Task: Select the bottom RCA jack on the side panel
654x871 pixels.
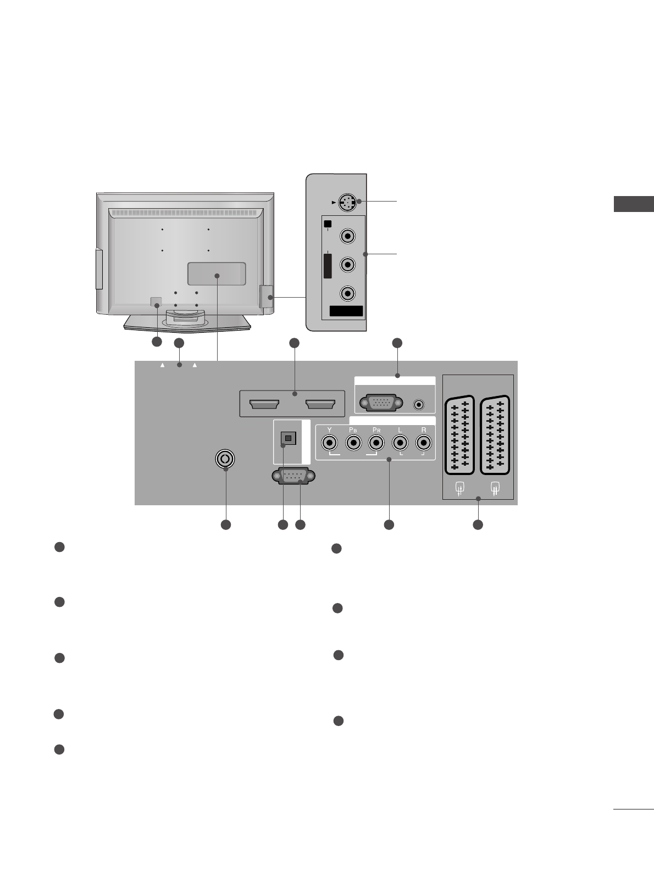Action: tap(347, 294)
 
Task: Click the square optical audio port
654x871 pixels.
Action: tap(289, 438)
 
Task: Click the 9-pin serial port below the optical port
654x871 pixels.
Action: tap(293, 476)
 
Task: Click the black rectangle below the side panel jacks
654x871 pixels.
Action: tap(346, 311)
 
